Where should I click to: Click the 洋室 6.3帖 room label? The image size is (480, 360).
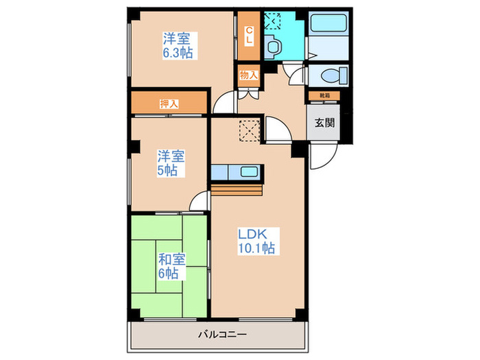click(176, 45)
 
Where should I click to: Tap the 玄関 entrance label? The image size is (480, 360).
click(324, 123)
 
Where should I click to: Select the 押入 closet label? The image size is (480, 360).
click(169, 104)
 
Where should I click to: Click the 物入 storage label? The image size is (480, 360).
click(248, 75)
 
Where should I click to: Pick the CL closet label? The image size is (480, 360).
click(248, 34)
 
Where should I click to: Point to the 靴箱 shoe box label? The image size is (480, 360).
click(324, 95)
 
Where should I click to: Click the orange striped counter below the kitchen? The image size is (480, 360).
click(237, 189)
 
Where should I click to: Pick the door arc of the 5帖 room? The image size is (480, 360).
click(200, 200)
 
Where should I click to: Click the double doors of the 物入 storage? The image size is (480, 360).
click(248, 93)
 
